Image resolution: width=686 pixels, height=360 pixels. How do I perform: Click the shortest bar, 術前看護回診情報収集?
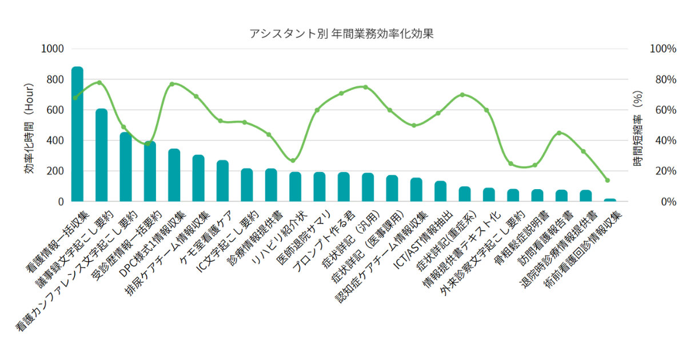tap(610, 200)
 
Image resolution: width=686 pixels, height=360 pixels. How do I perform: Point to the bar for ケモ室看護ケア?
tap(222, 181)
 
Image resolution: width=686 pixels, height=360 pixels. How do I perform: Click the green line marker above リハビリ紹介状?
tap(293, 161)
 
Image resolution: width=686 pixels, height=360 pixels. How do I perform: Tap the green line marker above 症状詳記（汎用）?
tap(365, 87)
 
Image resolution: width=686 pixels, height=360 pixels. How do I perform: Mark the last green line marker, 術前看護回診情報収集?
tap(608, 180)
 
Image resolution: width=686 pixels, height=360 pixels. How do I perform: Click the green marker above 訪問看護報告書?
tap(559, 133)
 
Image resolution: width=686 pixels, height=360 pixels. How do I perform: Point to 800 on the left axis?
tap(52, 79)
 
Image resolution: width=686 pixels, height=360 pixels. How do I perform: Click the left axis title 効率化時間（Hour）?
tap(29, 129)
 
